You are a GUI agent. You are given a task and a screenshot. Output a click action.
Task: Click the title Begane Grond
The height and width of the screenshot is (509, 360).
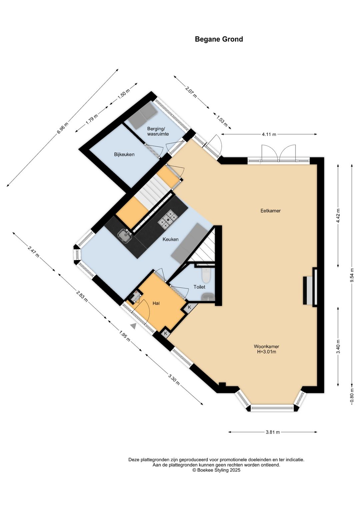[x=219, y=39]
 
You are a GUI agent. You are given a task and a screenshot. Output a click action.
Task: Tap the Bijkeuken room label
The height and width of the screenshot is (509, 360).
[x=124, y=154]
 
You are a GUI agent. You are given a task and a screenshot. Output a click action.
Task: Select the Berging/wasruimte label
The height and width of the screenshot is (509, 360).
[x=158, y=131]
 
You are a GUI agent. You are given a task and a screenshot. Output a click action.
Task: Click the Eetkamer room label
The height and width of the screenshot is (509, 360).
[x=271, y=211]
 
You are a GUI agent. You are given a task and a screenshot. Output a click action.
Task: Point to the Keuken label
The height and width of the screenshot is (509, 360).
[x=170, y=239]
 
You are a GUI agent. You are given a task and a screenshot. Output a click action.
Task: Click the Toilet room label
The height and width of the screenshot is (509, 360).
[x=199, y=287]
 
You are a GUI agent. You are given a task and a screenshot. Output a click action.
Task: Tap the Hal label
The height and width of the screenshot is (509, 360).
[x=156, y=303]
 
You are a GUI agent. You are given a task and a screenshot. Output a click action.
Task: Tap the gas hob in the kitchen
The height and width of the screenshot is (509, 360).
[x=168, y=218]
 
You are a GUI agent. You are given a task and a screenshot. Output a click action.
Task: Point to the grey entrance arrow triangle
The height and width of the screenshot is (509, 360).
[x=134, y=326]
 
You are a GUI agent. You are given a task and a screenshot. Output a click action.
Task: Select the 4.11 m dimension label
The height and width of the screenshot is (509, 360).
[x=269, y=134]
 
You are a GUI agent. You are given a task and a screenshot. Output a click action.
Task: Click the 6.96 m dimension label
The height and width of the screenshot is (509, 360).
[x=62, y=128]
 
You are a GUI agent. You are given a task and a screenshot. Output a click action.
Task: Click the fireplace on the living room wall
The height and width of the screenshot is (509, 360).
[x=310, y=287]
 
